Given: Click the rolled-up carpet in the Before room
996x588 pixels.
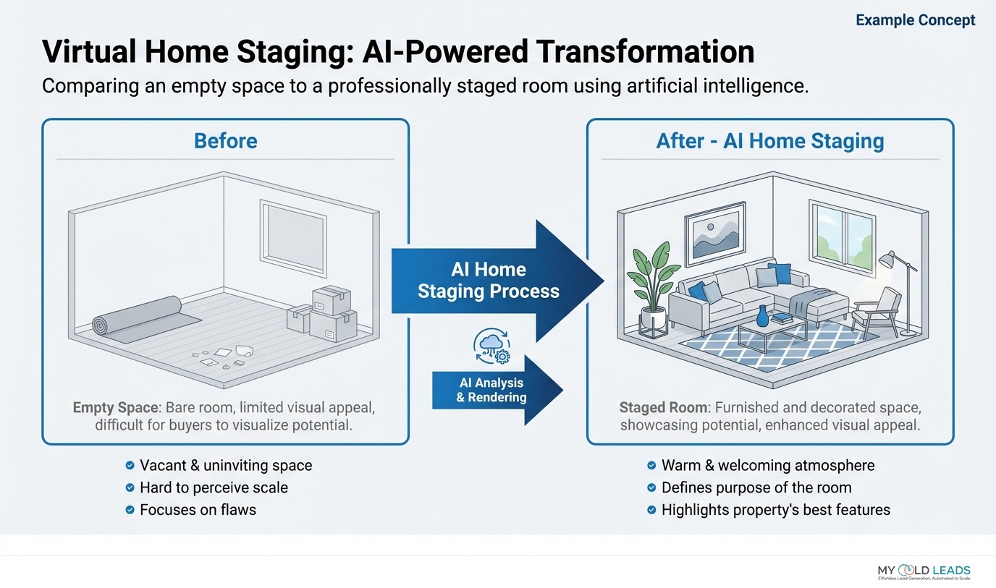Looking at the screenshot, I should (x=138, y=317).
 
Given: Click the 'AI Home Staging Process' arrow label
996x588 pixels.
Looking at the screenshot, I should (x=488, y=281).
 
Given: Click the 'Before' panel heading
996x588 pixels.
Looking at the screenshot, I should (x=225, y=140).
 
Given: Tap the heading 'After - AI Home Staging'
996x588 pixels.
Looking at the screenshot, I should (x=769, y=140).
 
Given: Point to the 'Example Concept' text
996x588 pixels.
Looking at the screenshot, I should (x=915, y=20).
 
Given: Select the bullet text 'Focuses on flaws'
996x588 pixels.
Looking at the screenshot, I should (x=198, y=509).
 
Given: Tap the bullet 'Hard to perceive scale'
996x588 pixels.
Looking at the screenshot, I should (x=214, y=487).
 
